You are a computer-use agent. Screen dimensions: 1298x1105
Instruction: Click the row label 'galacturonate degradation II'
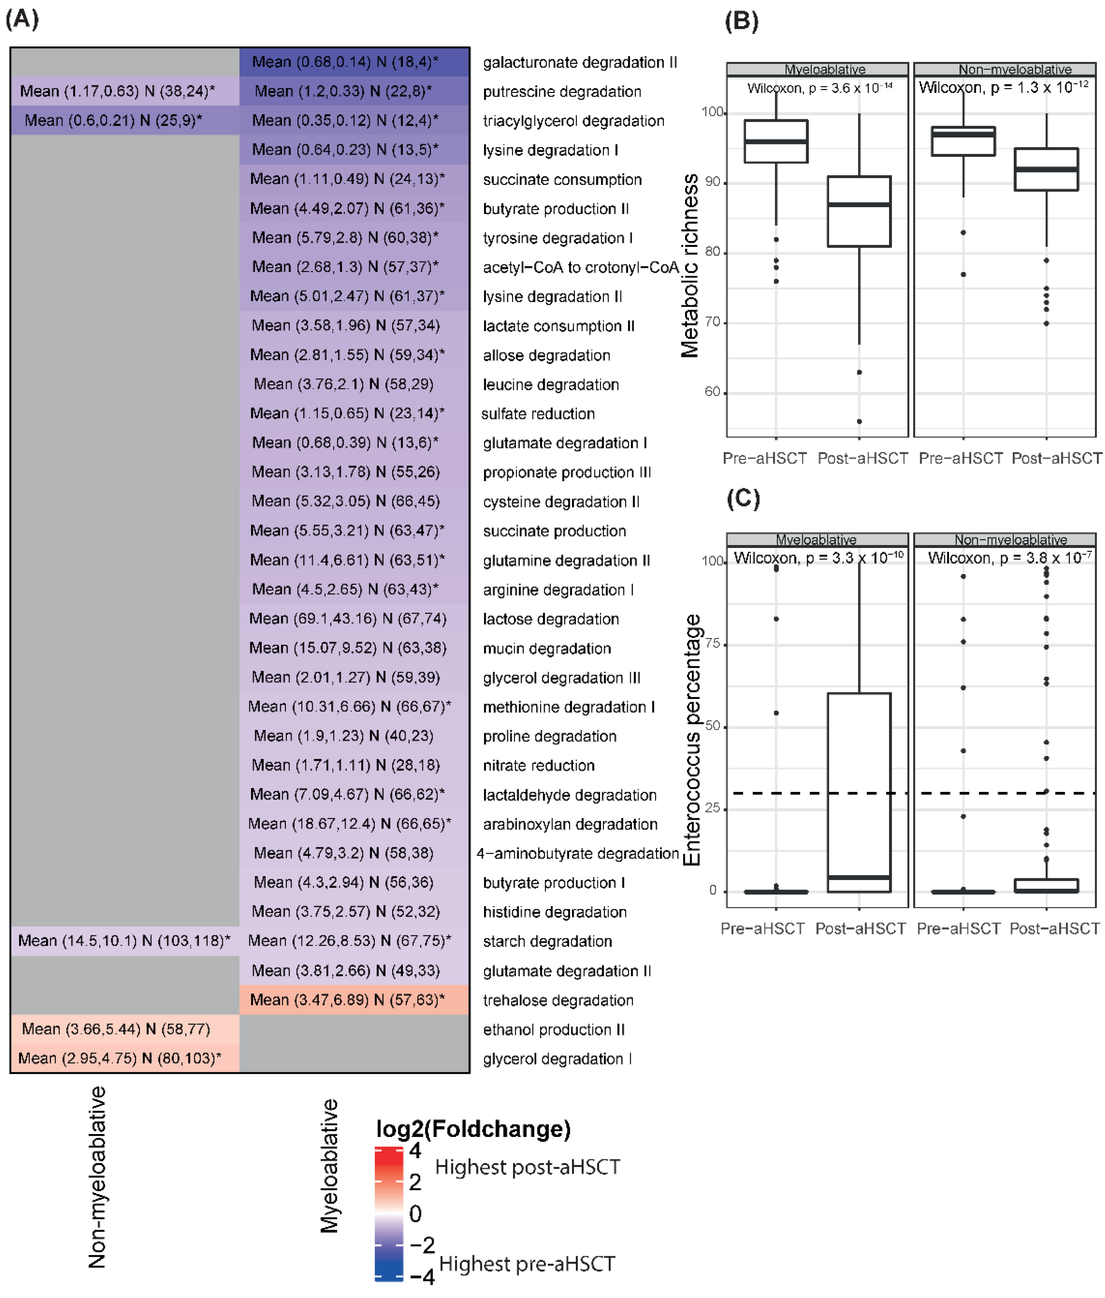point(579,63)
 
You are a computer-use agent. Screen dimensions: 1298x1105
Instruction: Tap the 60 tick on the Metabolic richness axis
point(712,392)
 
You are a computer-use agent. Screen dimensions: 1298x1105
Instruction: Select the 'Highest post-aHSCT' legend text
point(527,1167)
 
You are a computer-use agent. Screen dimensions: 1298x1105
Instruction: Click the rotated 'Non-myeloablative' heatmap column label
point(97,1178)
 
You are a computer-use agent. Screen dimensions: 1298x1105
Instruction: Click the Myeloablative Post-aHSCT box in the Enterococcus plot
point(859,792)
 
